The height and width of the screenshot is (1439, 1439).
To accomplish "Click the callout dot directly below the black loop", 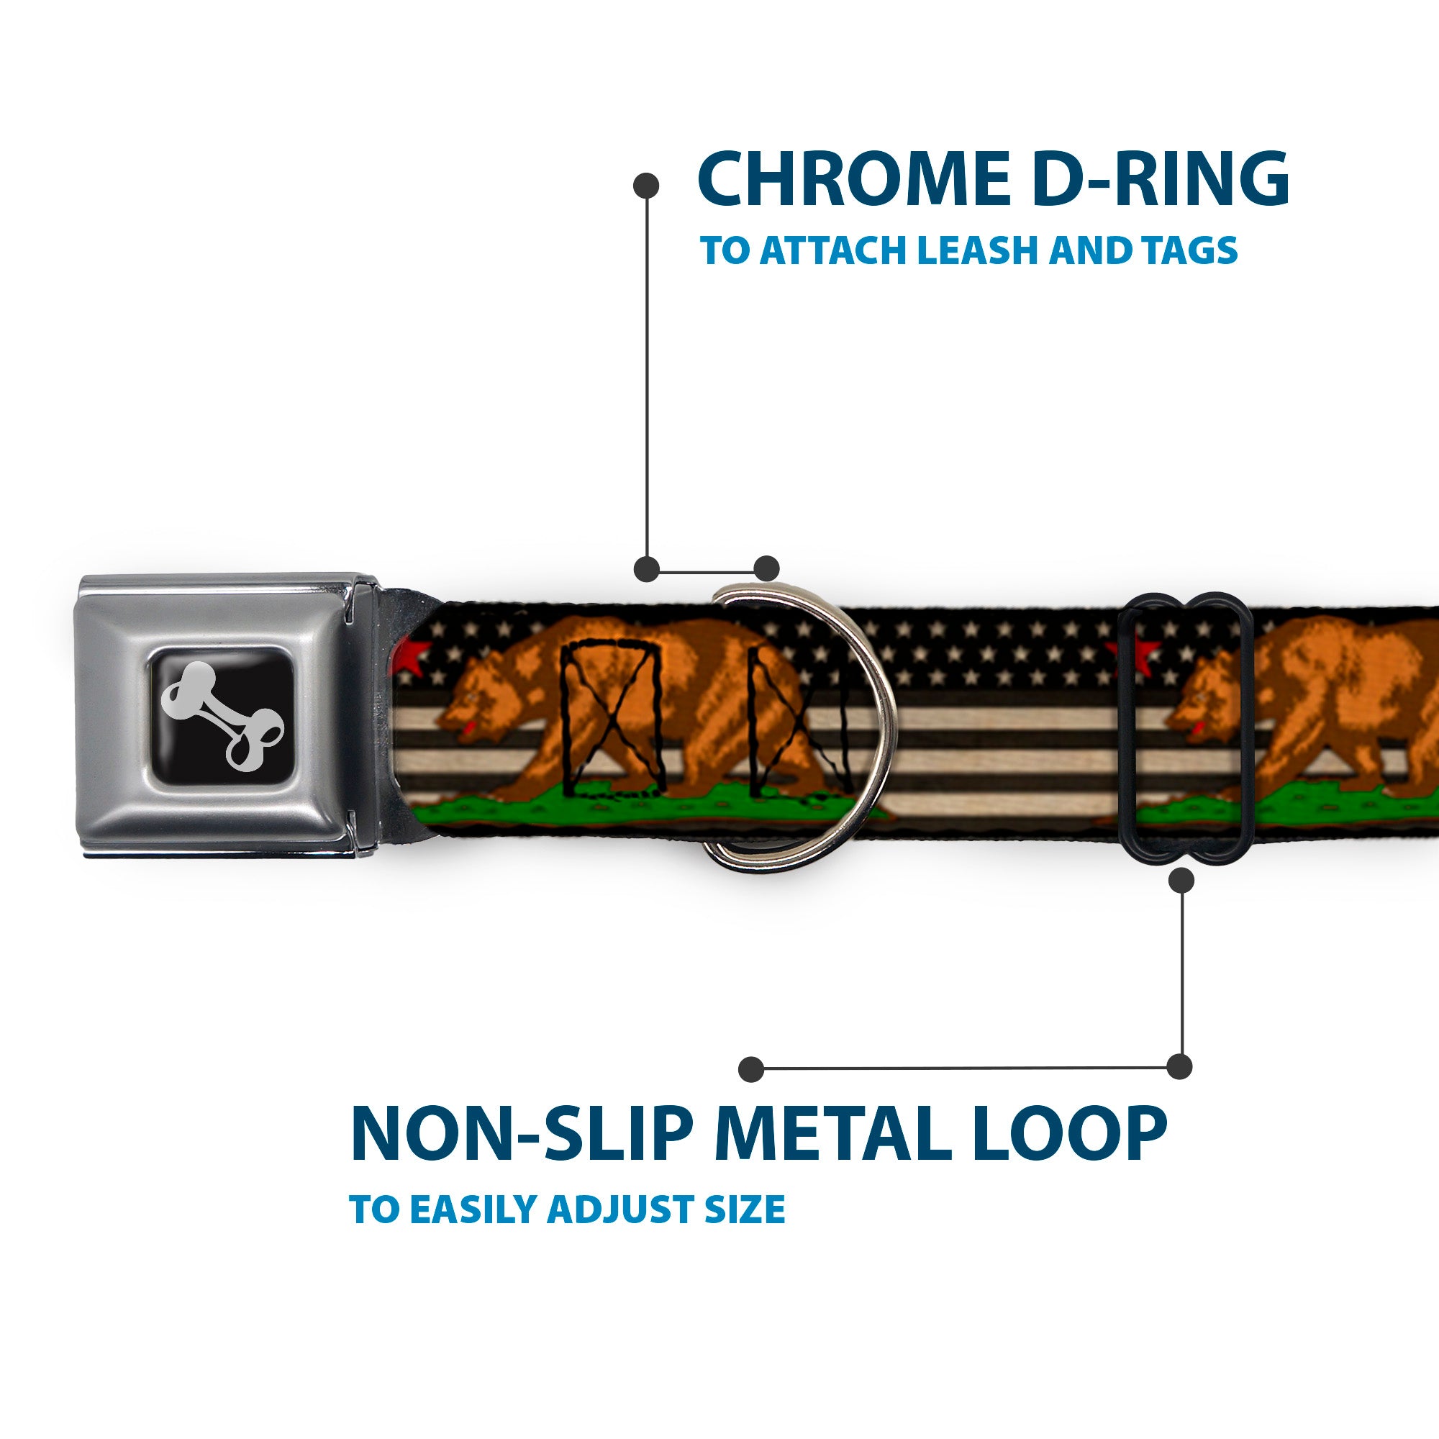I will coord(1181,881).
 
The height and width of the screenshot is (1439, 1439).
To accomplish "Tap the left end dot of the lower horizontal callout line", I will coord(752,1069).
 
